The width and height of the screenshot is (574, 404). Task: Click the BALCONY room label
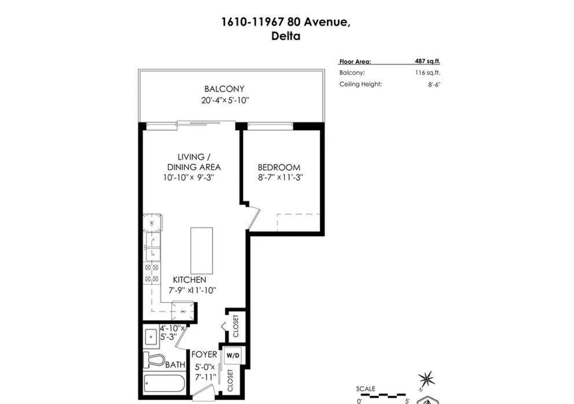(x=224, y=89)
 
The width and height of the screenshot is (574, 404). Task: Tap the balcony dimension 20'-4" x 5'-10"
(x=225, y=100)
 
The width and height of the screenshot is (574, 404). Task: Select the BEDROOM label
(x=279, y=167)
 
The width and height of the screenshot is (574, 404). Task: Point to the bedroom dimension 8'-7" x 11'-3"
(x=280, y=177)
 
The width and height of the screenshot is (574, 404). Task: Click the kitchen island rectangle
(x=201, y=250)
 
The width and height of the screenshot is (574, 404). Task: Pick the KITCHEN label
(x=190, y=280)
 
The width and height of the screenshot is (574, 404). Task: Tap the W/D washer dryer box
(x=233, y=355)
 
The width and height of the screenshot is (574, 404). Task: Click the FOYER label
(x=204, y=355)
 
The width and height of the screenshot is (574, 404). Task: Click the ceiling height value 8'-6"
(x=434, y=84)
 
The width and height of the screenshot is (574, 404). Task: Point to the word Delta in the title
(x=286, y=36)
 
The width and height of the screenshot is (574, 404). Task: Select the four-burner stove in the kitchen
(x=152, y=273)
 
